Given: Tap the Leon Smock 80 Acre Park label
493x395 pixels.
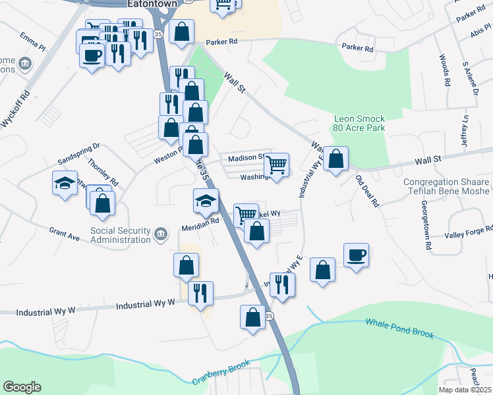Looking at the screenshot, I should pyautogui.click(x=359, y=123).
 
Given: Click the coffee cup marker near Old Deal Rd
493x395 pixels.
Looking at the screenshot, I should pyautogui.click(x=356, y=255).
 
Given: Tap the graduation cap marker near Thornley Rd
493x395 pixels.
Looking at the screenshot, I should pyautogui.click(x=65, y=182).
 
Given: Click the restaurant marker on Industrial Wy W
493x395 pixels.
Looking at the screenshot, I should pyautogui.click(x=200, y=292).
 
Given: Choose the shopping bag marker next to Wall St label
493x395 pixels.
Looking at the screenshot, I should pyautogui.click(x=335, y=159).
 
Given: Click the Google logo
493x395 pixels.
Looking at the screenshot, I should pyautogui.click(x=22, y=387).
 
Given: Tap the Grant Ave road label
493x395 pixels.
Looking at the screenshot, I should pyautogui.click(x=63, y=232).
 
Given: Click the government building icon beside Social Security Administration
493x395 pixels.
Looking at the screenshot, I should pyautogui.click(x=160, y=234).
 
